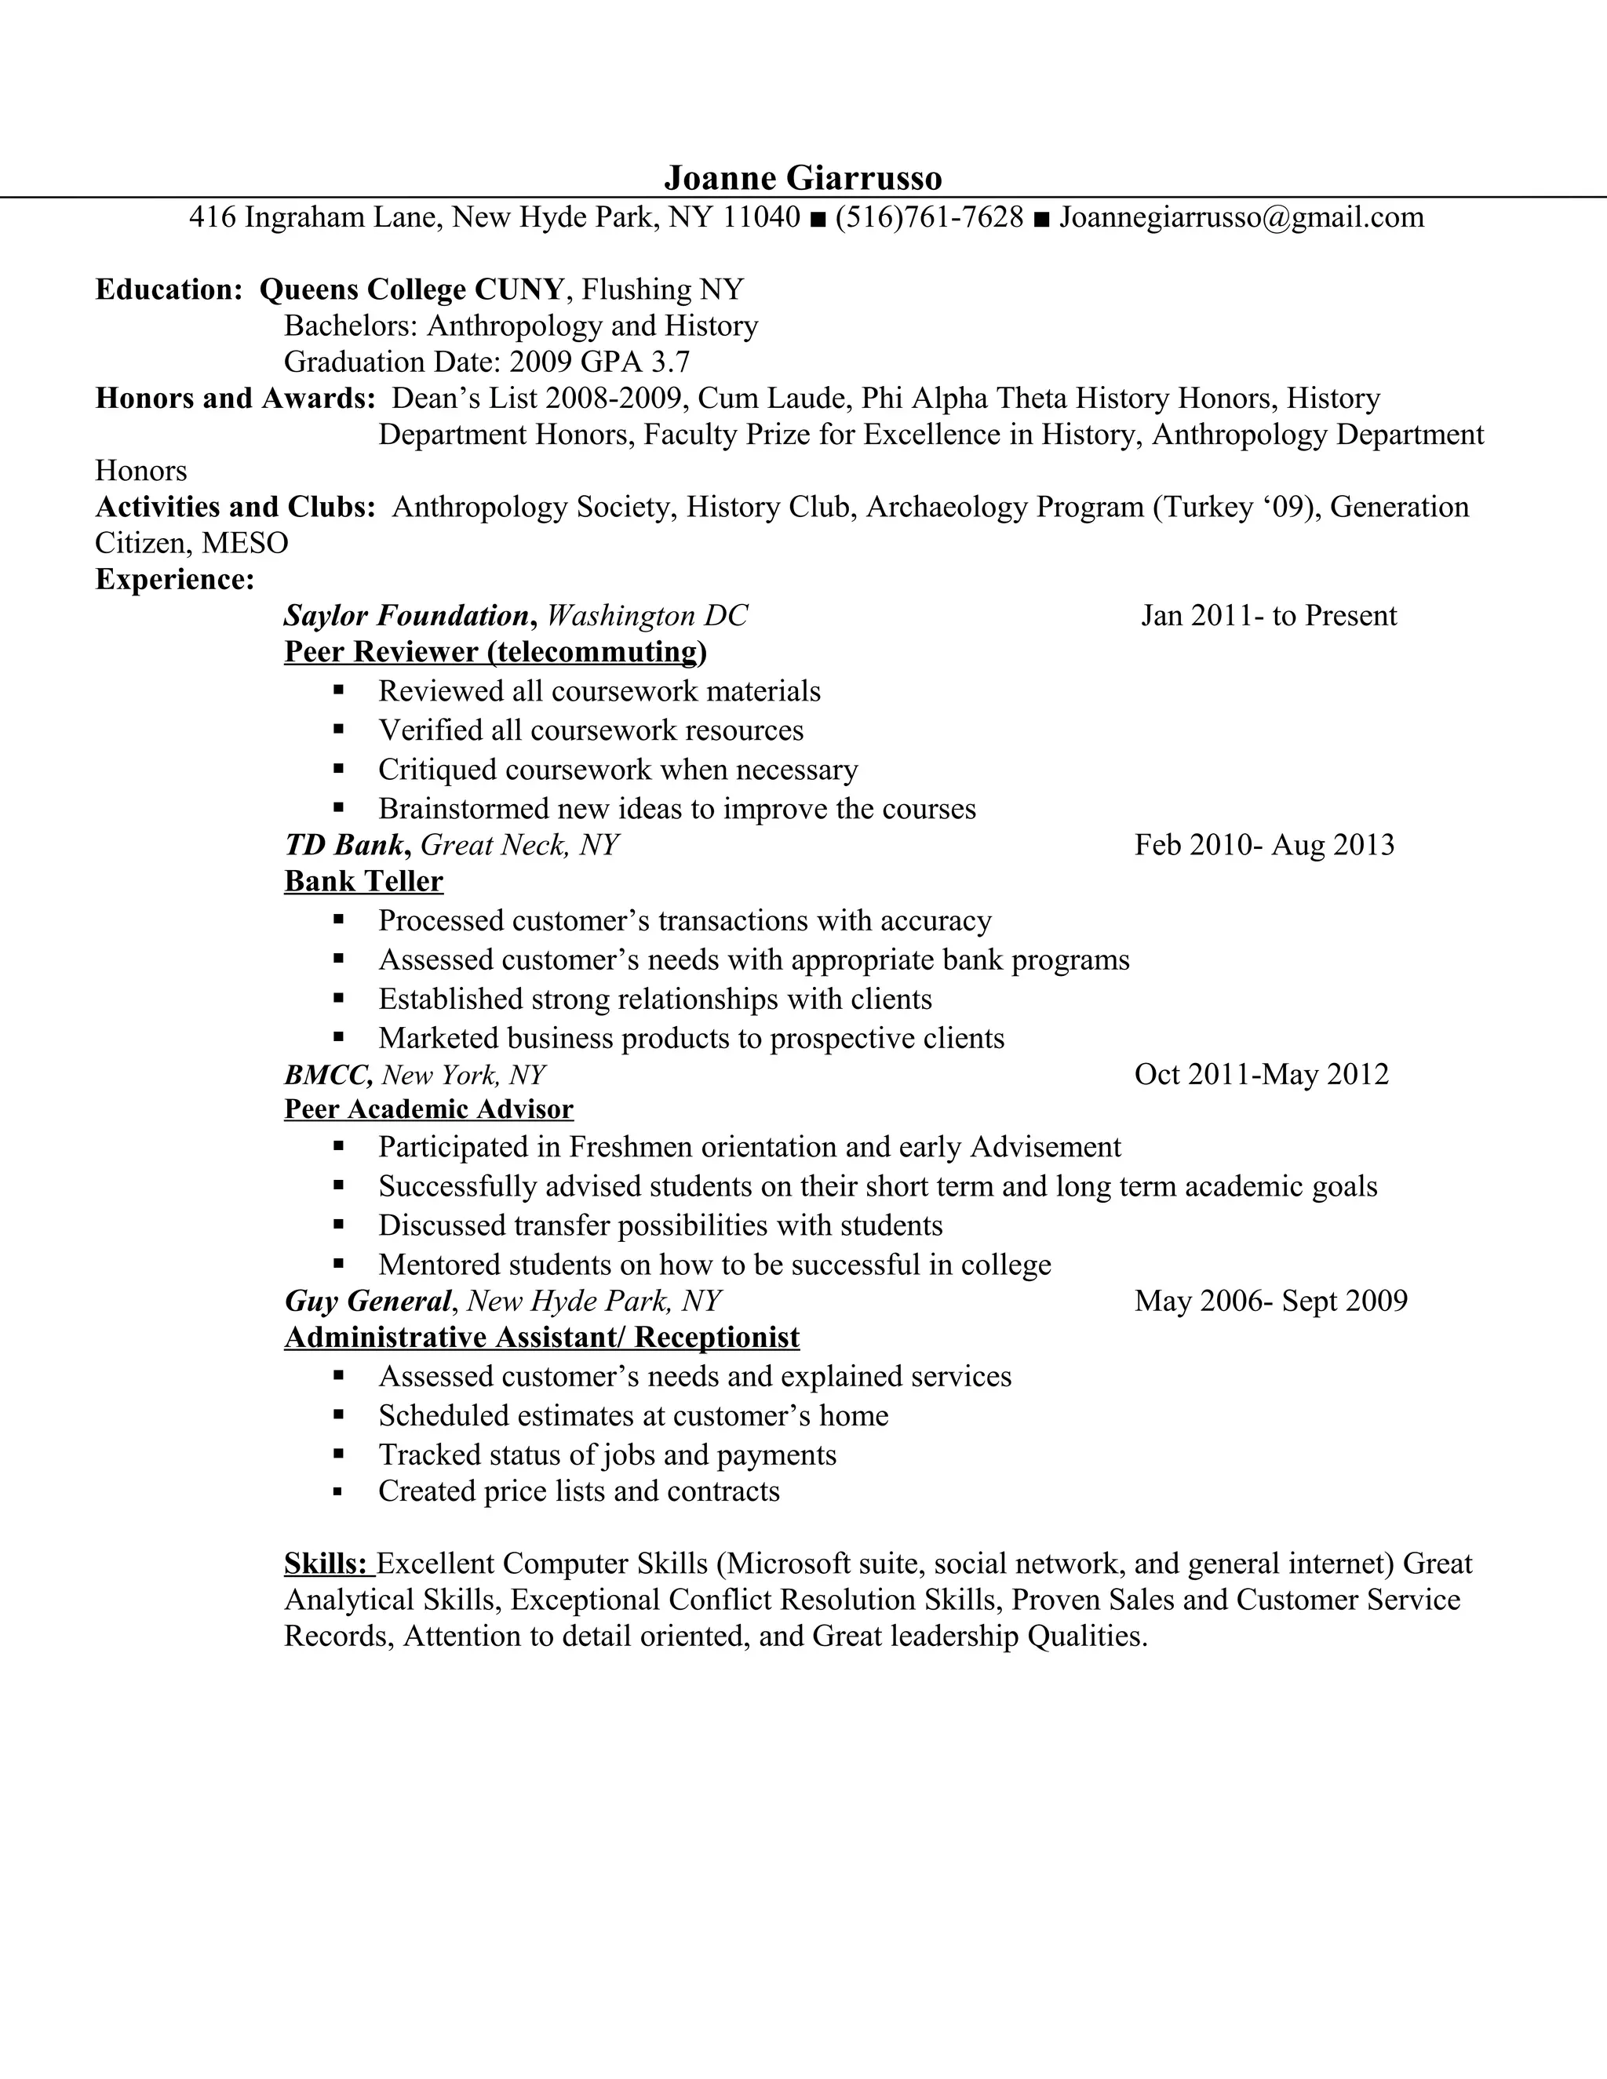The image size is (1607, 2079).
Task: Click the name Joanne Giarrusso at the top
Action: click(803, 178)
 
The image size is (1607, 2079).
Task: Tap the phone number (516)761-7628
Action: click(929, 218)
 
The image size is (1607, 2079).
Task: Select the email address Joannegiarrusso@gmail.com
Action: click(1241, 218)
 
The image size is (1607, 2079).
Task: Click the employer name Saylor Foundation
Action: click(406, 616)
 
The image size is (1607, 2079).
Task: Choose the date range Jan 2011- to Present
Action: click(1268, 616)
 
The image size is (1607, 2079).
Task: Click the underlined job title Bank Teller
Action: click(363, 882)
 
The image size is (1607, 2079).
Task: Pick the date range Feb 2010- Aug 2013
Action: click(1263, 845)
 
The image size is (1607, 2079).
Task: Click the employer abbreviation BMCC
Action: click(327, 1076)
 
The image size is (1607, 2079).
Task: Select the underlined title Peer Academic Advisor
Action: click(428, 1110)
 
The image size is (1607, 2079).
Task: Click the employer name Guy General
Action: click(367, 1302)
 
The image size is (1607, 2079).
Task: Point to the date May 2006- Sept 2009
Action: click(1270, 1302)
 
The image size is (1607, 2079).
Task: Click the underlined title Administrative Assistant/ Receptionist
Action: click(541, 1338)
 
